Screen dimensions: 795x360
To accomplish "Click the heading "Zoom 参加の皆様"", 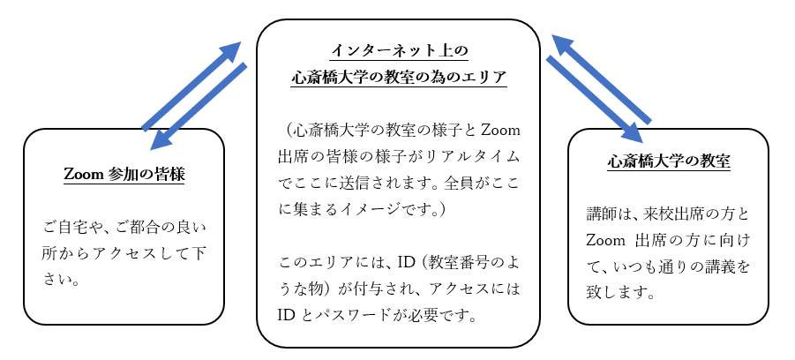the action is [x=124, y=175].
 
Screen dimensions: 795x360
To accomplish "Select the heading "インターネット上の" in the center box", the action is [x=399, y=50].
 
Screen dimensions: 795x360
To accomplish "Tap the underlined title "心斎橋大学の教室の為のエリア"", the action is [x=399, y=78].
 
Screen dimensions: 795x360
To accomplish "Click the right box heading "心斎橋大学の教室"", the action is [x=669, y=161].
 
